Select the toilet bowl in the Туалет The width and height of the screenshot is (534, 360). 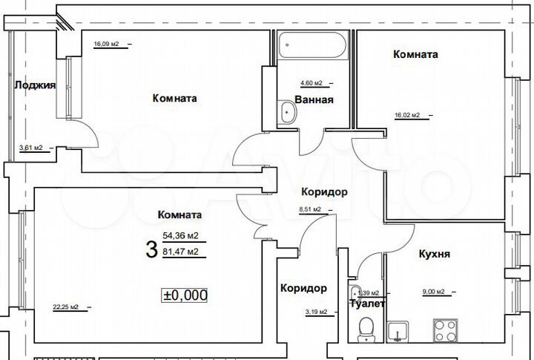364,327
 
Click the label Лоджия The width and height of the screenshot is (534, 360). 35,85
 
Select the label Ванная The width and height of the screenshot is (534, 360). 314,99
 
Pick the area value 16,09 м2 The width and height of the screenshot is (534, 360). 106,44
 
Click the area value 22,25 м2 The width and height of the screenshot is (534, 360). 65,307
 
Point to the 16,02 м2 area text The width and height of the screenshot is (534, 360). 407,115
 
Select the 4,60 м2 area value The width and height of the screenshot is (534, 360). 311,83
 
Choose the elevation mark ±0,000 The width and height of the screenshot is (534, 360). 185,295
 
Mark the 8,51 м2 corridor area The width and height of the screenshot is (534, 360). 310,209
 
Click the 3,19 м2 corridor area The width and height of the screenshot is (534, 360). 315,312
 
